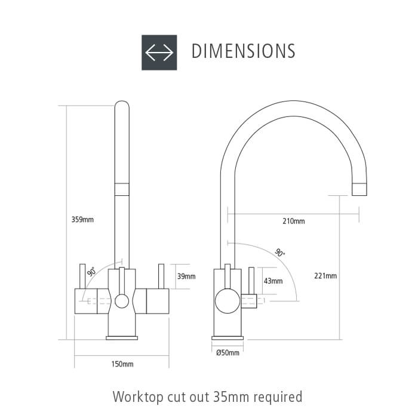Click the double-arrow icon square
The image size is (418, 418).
159,53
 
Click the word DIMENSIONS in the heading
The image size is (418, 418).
244,51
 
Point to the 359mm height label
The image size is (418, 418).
82,220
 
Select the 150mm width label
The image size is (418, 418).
122,364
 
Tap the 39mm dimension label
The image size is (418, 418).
186,276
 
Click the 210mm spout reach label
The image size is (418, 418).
294,221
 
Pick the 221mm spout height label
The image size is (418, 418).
325,276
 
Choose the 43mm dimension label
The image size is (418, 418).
273,281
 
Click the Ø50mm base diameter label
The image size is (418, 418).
228,353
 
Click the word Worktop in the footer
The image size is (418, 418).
138,397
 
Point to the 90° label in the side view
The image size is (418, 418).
279,253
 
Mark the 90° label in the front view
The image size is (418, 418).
91,271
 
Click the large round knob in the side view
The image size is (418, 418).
228,301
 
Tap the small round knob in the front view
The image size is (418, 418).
122,301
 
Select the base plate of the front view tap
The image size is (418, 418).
122,338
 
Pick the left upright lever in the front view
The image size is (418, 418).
82,276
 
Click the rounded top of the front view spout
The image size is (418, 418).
122,103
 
